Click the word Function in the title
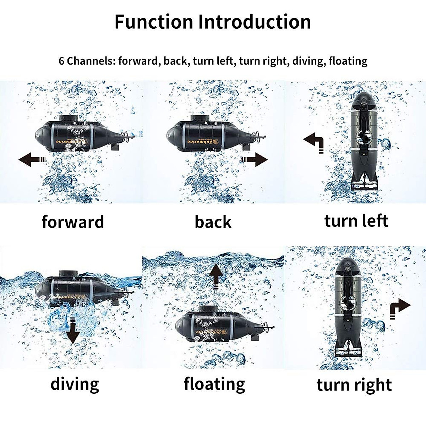pos(154,22)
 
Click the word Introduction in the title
pos(255,22)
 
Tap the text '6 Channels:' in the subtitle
pos(87,61)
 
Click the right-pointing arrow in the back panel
pos(255,159)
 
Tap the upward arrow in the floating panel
pos(216,275)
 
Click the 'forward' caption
pos(73,222)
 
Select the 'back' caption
pos(213,222)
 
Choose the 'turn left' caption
pos(356,221)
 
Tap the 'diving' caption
pos(75,384)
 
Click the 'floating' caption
pos(214,384)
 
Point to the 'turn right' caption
pos(354,385)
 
